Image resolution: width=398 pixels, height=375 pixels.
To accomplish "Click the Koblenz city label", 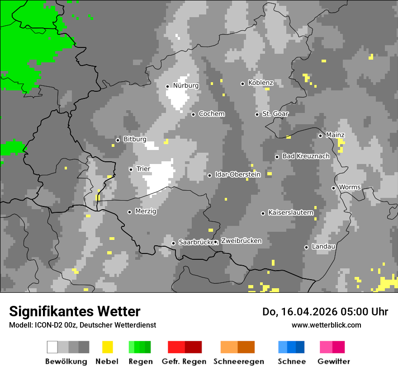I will click(261, 83).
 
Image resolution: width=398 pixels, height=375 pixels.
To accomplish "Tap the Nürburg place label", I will click(185, 85).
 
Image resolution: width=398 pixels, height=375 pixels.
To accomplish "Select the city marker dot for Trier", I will click(131, 169).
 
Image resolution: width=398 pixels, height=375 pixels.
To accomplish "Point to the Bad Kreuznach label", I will click(306, 156).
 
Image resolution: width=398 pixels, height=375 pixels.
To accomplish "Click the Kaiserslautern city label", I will click(291, 212).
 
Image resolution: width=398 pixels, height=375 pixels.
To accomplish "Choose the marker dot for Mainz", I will click(320, 136).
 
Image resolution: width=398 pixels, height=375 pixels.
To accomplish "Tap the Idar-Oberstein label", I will click(237, 174).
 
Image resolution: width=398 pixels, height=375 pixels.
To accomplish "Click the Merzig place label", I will click(146, 211).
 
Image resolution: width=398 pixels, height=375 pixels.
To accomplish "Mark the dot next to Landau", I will click(306, 247).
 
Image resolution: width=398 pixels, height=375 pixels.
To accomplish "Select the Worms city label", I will click(350, 187).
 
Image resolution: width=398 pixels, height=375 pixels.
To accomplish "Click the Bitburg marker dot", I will click(118, 140).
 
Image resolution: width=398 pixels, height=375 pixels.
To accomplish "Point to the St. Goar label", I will click(275, 114).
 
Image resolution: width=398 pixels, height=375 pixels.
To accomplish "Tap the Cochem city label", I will click(211, 114).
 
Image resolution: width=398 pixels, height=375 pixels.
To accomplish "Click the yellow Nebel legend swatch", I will click(107, 347).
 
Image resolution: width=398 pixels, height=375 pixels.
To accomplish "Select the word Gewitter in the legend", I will click(334, 361).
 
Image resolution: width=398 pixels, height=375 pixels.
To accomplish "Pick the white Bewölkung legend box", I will click(52, 347).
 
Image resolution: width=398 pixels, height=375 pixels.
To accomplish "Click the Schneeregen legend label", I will click(238, 361).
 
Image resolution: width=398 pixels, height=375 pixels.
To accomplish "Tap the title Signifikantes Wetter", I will click(75, 311).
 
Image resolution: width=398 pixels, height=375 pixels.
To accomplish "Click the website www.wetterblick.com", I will click(326, 325).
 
